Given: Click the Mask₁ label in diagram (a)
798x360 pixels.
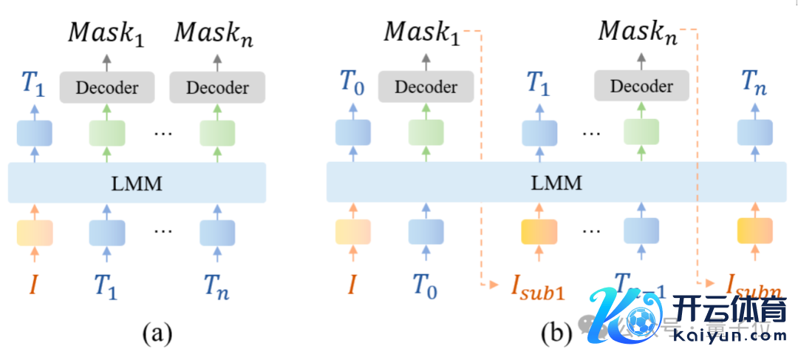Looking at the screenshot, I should (106, 34).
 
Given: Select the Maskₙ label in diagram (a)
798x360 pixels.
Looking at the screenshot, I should (214, 34).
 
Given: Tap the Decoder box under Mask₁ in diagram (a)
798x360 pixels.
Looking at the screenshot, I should (107, 88).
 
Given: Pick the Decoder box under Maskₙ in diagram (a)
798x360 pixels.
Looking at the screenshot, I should (216, 88).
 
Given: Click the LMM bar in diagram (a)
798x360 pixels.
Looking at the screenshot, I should (137, 183).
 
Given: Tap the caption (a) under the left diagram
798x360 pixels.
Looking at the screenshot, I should (157, 334).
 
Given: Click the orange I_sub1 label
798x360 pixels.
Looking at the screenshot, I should (536, 288).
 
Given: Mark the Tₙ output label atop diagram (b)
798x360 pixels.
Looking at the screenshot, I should (754, 84).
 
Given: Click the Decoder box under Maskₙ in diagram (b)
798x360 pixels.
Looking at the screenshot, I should (641, 86).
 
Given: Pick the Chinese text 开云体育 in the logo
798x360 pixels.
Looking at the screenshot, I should (729, 310).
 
